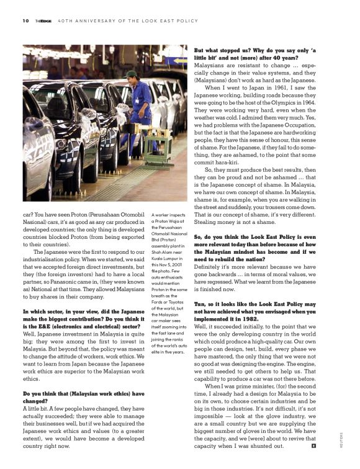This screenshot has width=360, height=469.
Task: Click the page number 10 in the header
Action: point(25,20)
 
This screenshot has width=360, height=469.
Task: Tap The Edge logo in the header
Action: point(43,20)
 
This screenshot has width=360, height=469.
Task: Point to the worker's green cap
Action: point(131,74)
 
